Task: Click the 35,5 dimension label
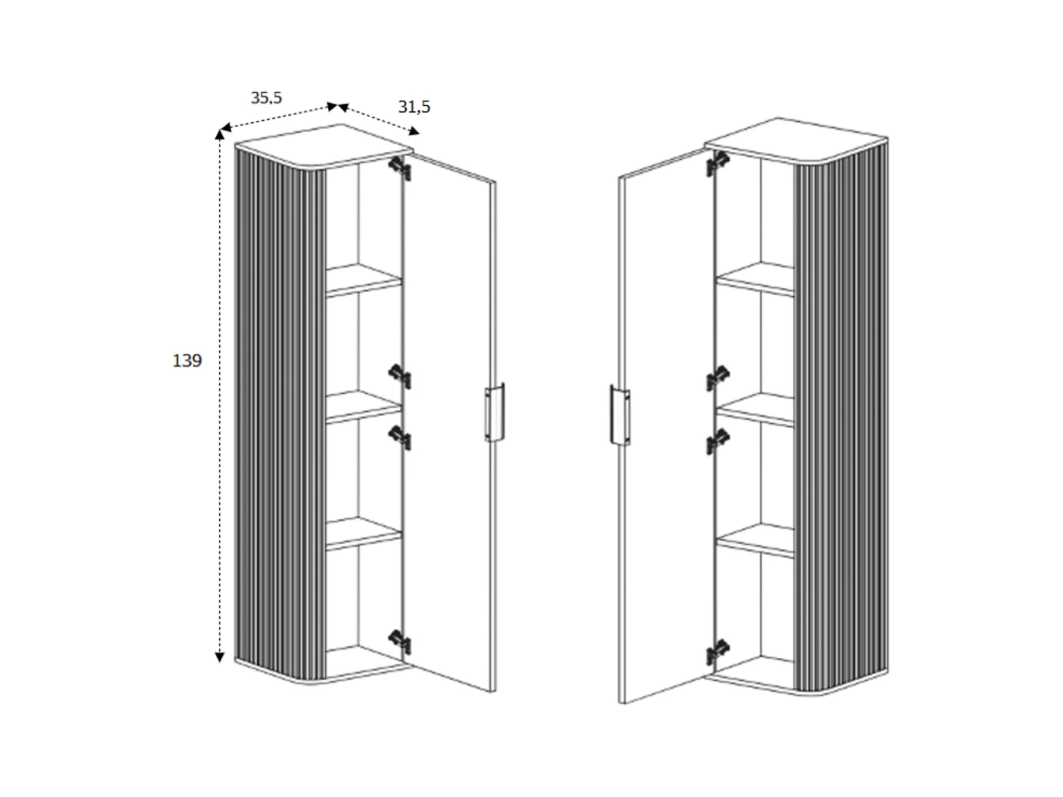pos(266,98)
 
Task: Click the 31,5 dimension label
pos(414,107)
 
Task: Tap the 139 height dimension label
pos(187,361)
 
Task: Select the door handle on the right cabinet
pos(620,415)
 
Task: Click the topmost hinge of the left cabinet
pos(400,169)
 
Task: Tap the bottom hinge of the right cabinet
pos(717,651)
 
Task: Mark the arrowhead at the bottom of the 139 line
pos(220,657)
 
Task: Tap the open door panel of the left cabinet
pos(449,425)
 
